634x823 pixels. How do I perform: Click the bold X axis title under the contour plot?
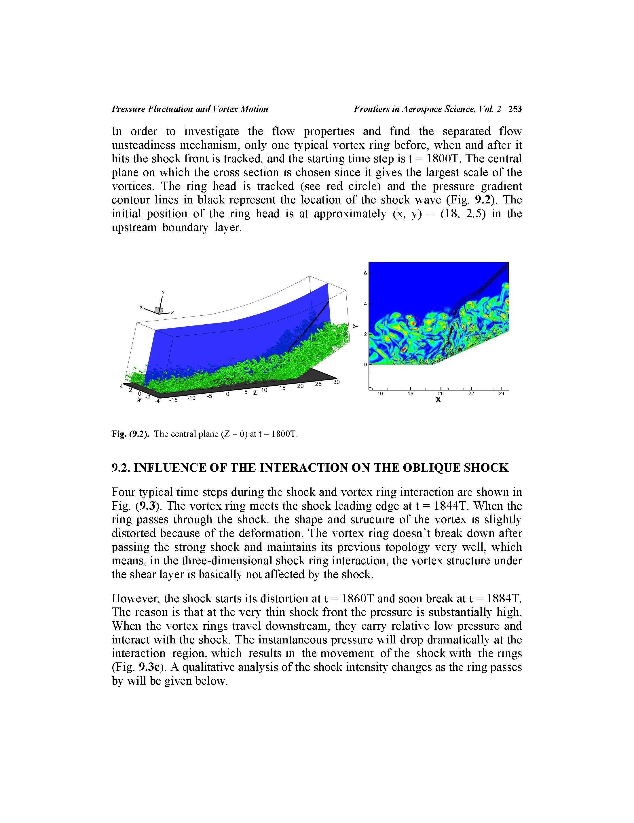click(438, 400)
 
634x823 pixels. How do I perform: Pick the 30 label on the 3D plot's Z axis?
click(336, 382)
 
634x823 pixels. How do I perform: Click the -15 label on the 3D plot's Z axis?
click(173, 400)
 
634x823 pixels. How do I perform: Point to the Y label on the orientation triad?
click(163, 292)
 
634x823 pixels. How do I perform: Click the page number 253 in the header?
click(515, 109)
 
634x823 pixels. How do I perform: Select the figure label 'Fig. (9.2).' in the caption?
click(130, 434)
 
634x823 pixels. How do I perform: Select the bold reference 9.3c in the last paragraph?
click(150, 667)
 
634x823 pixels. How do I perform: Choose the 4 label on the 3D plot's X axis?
click(122, 386)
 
